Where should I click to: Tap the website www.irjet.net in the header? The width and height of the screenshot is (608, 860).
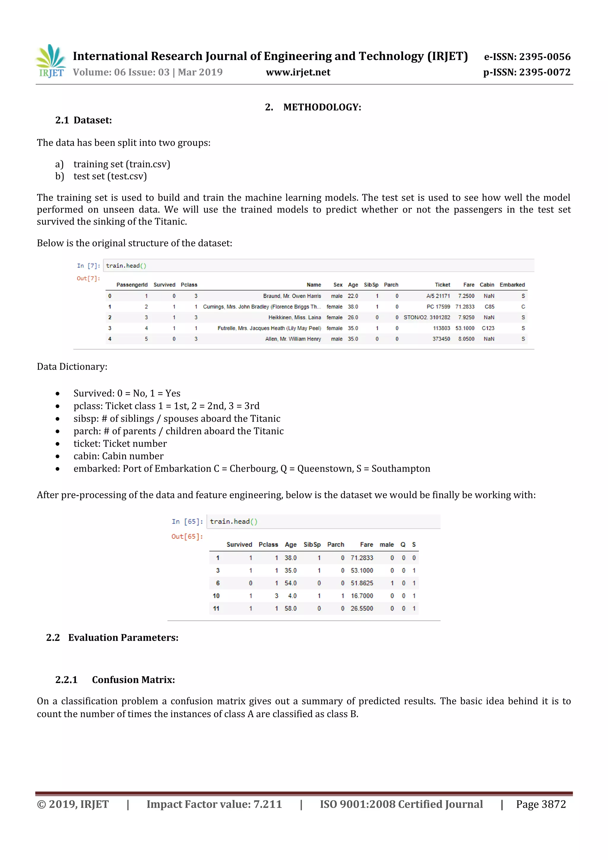click(298, 72)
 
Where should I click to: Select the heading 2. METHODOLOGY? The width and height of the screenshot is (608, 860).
click(313, 107)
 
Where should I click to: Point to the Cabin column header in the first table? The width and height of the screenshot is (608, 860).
click(487, 285)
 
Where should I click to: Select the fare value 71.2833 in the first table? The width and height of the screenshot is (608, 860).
click(465, 306)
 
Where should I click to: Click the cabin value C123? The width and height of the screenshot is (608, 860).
click(488, 328)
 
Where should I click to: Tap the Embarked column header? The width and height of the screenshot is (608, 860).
click(512, 285)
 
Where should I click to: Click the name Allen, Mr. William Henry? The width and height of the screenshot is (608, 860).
click(293, 339)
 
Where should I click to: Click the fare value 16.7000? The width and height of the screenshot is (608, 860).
click(362, 596)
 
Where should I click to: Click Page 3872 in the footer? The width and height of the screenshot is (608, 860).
click(541, 804)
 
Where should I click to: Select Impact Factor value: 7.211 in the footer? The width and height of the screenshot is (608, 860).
click(214, 804)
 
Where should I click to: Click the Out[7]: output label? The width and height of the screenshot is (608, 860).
click(88, 278)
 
